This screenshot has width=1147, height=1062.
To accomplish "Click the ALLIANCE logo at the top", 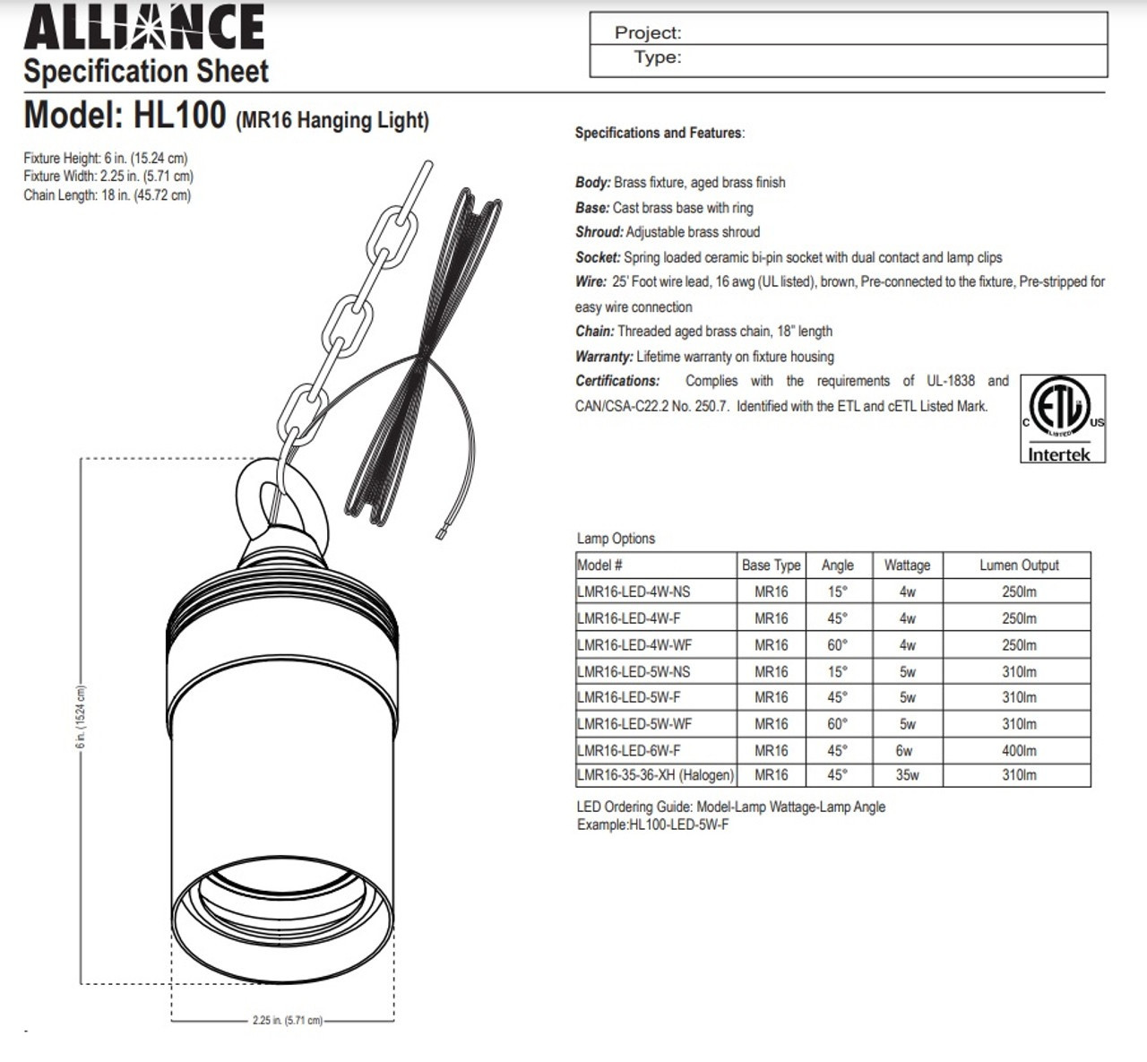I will (144, 27).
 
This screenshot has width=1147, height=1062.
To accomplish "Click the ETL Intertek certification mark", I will (1063, 419).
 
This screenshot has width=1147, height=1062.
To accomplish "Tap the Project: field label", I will (648, 33).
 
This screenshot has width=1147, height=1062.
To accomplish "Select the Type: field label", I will (657, 57).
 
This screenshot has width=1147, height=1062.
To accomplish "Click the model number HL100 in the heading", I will (179, 116).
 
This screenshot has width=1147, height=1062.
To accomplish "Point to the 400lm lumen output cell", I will (1019, 750).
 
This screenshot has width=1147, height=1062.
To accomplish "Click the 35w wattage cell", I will (907, 774).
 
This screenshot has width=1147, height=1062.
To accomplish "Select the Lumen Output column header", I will (1019, 566).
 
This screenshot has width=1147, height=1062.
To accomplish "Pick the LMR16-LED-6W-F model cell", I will (629, 750).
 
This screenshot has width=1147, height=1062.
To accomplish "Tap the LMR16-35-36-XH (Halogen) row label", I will (656, 774).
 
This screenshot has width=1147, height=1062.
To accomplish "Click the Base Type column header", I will (771, 566).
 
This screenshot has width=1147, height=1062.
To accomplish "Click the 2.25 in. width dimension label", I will (287, 1020).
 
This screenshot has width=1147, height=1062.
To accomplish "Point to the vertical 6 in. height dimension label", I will (81, 717).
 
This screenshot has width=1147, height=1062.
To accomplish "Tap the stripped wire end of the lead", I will (441, 534).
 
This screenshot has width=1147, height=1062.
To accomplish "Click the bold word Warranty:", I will (604, 357).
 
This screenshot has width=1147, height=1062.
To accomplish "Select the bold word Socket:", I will (598, 257).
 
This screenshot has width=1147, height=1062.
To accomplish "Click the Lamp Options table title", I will (616, 539).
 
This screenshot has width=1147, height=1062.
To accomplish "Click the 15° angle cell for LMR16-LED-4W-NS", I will (837, 591).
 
